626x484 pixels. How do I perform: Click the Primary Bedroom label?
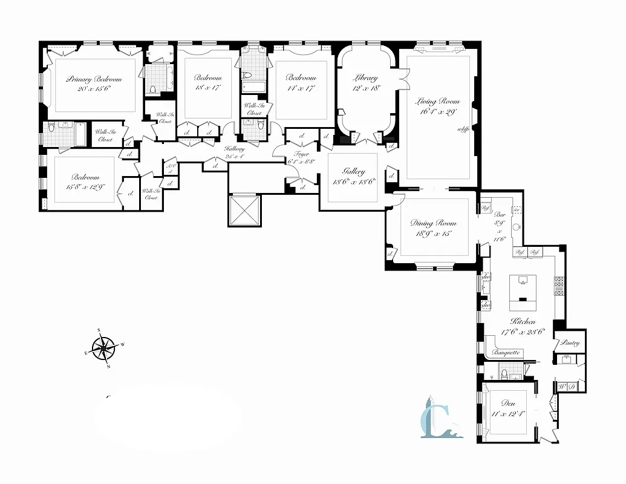point(94,79)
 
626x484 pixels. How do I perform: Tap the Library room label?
point(365,78)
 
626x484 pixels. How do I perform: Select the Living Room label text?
point(437,102)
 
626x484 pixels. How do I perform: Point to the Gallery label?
point(353,172)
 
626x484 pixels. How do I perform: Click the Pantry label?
point(570,343)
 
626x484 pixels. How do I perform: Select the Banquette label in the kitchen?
point(506,352)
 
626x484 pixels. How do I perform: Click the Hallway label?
point(234,149)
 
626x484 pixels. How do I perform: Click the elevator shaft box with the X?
point(244,210)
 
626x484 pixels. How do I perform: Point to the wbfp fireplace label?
point(464,129)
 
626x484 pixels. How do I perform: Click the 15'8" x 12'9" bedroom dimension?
point(85,186)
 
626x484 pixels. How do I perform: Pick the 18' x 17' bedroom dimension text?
point(207,87)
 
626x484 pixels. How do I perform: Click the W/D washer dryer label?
point(566,386)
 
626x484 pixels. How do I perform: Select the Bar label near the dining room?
point(500,214)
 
